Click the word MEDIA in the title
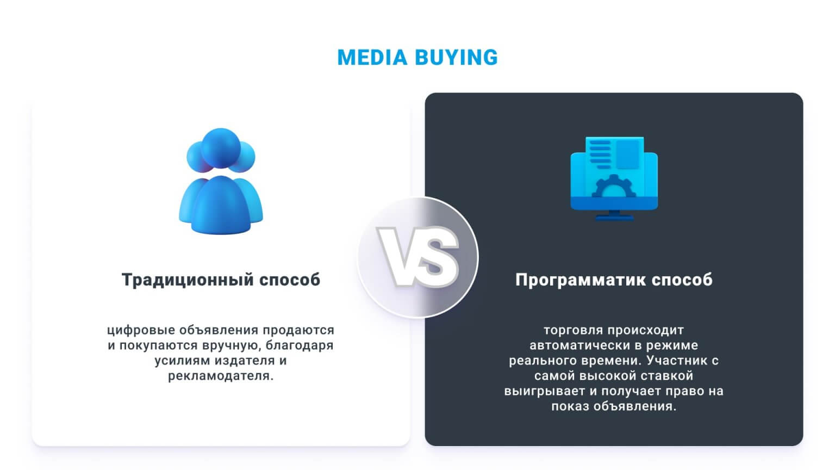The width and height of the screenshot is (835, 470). (372, 58)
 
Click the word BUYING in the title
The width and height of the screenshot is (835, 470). (456, 58)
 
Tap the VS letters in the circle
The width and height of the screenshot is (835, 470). (418, 257)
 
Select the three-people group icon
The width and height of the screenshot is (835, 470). (221, 181)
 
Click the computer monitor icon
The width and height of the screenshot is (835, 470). (614, 179)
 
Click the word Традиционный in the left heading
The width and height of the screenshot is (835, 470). (188, 280)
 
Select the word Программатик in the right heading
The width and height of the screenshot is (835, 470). (580, 280)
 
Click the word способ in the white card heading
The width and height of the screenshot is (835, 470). (290, 280)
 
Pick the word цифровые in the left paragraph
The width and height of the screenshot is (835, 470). (141, 331)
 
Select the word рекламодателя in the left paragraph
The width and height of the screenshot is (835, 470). (221, 376)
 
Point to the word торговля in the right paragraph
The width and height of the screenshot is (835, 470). (574, 330)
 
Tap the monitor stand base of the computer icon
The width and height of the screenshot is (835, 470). (614, 218)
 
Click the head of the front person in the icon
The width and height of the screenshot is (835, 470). (221, 148)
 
